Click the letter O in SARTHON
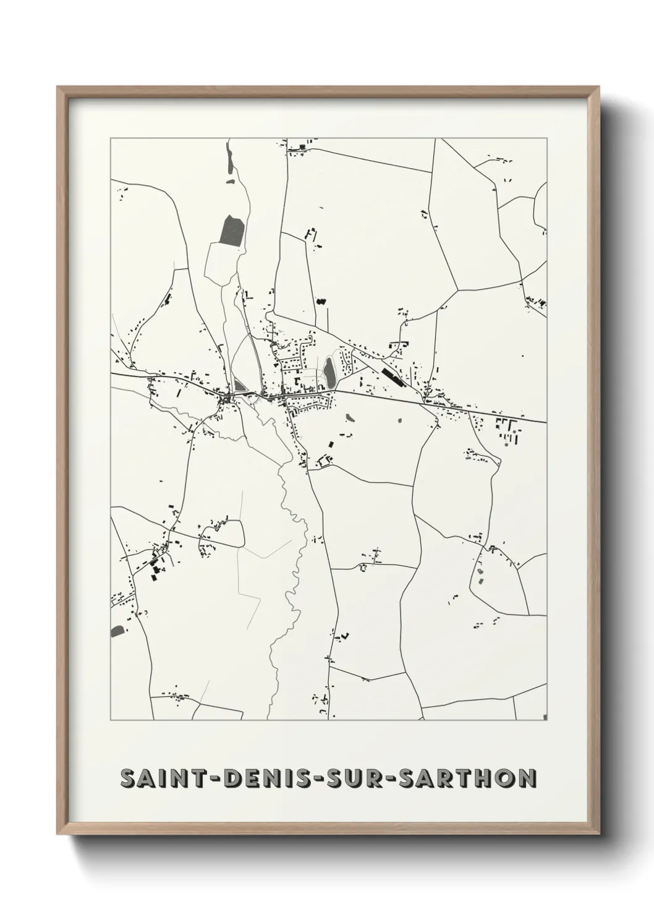click(501, 778)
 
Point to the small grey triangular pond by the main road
click(239, 387)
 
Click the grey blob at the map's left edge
click(116, 631)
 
